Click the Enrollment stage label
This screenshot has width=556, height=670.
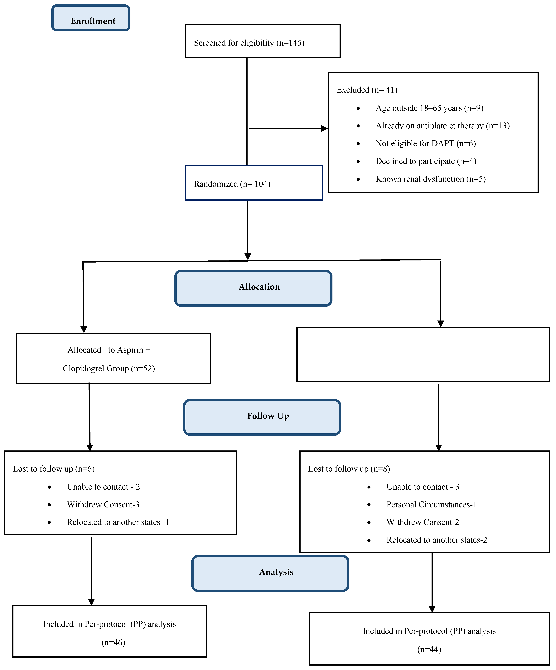pos(93,21)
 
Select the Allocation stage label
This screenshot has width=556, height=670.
pos(259,287)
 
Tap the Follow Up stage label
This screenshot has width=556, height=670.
pos(268,416)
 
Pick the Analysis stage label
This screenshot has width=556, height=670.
pos(276,572)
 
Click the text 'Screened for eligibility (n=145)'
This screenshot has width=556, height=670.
pos(249,43)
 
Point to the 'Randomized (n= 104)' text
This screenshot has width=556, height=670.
pos(232,184)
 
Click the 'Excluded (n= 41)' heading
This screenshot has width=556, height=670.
pos(367,90)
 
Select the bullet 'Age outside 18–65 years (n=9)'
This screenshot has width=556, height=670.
pos(429,108)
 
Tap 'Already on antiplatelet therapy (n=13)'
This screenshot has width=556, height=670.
pos(442,126)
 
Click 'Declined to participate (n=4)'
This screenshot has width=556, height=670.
pos(426,161)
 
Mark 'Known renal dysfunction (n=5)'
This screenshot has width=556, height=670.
pos(431,179)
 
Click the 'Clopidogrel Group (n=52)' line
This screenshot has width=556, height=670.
pos(109,368)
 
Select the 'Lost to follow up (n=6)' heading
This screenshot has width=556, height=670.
pos(54,469)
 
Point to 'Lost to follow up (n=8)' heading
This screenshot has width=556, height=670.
pos(349,469)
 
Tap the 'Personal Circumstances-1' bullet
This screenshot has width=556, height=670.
pos(431,504)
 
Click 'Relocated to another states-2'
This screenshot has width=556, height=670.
pos(437,540)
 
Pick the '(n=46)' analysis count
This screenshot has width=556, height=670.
pos(113,643)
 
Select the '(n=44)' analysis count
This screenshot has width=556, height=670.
pos(429,650)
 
